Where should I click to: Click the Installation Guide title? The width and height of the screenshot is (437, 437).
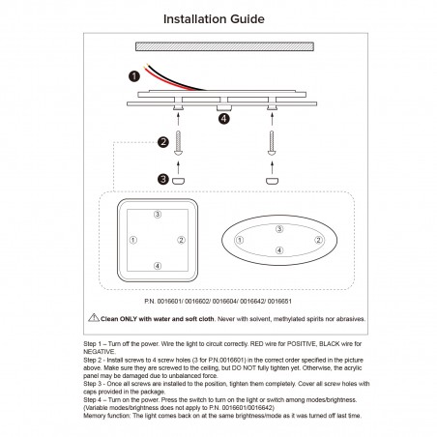218,18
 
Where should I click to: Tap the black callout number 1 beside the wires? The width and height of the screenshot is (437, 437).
134,76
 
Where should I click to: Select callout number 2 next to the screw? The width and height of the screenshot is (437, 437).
163,142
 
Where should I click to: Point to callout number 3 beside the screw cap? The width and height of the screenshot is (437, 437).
163,179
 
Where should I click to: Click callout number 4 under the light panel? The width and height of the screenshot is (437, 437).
223,119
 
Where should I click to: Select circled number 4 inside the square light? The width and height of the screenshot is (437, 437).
158,264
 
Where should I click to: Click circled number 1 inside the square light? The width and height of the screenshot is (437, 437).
133,239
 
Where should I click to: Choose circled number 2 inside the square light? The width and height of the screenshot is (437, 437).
182,239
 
